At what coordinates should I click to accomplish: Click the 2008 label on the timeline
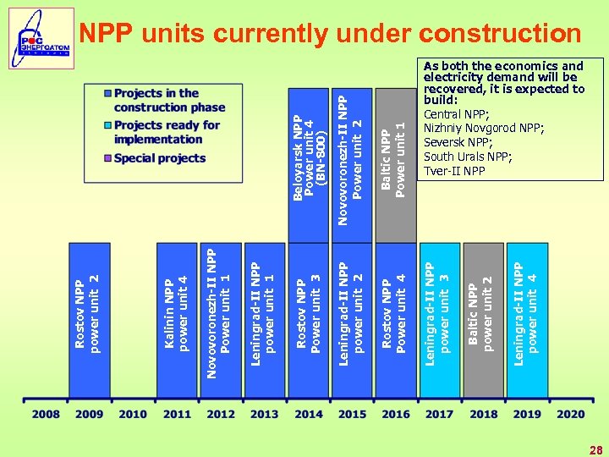pos(46,414)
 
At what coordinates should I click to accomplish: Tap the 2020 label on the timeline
pos(570,414)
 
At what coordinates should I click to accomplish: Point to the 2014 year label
pos(308,414)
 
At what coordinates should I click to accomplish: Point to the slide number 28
pos(595,450)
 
